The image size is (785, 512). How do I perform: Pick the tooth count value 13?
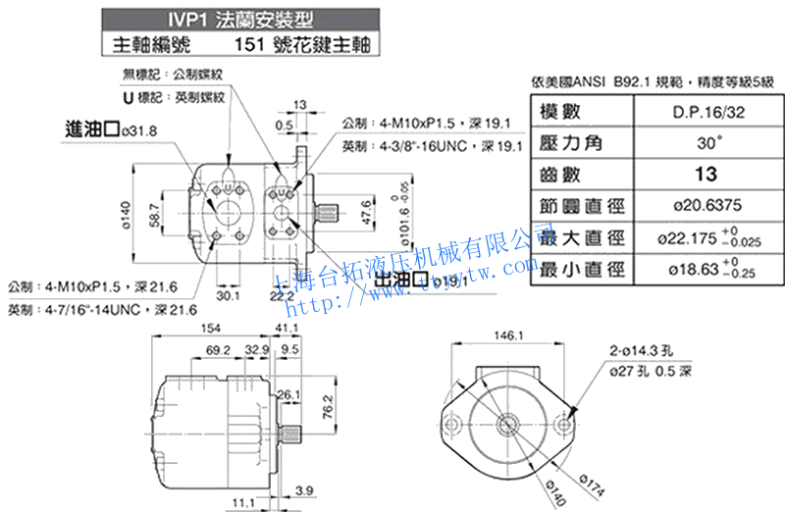705,175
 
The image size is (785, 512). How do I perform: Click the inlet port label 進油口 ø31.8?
110,129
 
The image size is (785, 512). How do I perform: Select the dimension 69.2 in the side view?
220,349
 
